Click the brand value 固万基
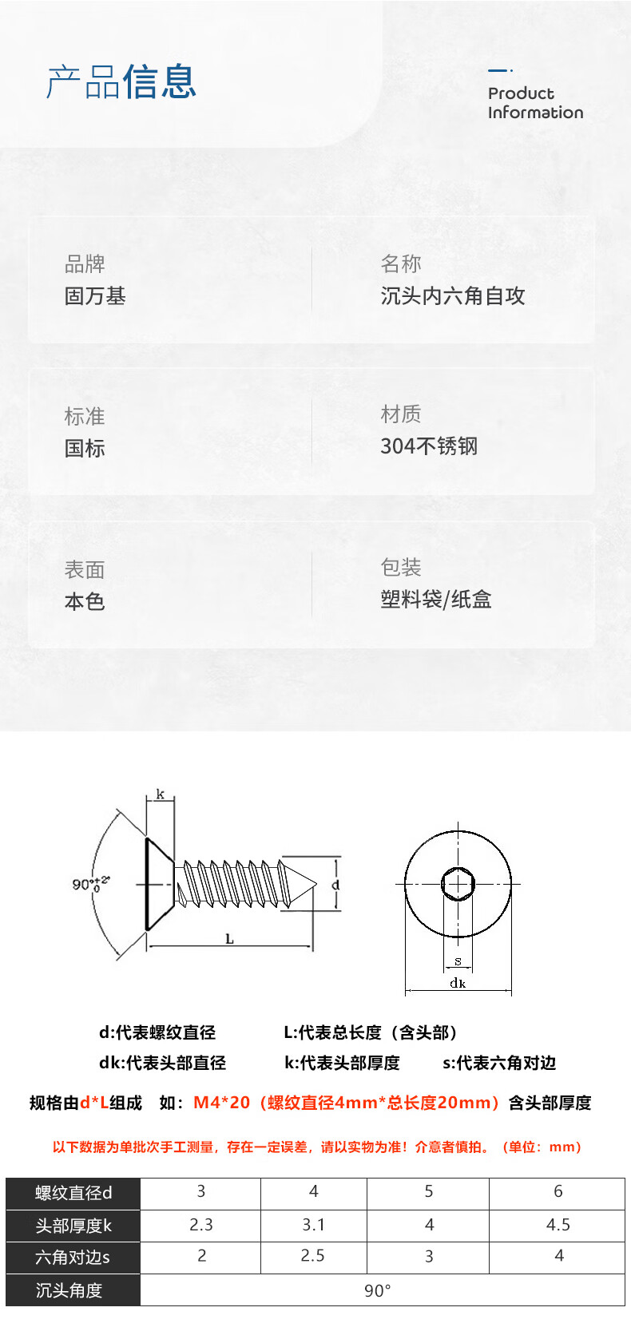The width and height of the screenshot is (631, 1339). (95, 296)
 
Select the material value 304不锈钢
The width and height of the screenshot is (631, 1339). (429, 446)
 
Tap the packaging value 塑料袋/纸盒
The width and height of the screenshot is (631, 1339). (436, 600)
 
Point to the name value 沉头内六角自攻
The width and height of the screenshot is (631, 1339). (453, 296)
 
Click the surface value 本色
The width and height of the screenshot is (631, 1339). (85, 602)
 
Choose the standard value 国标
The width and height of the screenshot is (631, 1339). (85, 449)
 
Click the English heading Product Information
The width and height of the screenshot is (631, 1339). (535, 103)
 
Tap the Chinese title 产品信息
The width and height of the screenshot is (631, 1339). (121, 82)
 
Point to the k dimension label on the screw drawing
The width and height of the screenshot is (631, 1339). (161, 794)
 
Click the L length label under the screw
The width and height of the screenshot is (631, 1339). (229, 939)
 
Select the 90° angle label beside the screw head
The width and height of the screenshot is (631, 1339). (89, 884)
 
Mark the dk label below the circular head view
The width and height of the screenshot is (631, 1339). (458, 983)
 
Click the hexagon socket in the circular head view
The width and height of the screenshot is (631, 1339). (458, 884)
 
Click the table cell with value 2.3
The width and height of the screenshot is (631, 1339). (201, 1225)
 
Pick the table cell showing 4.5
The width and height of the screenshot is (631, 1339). (558, 1225)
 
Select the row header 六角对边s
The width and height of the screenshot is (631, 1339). (73, 1258)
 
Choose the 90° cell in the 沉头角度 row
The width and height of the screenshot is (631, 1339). (378, 1290)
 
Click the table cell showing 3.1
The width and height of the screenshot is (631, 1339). (314, 1225)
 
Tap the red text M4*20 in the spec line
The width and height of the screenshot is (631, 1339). (221, 1103)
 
